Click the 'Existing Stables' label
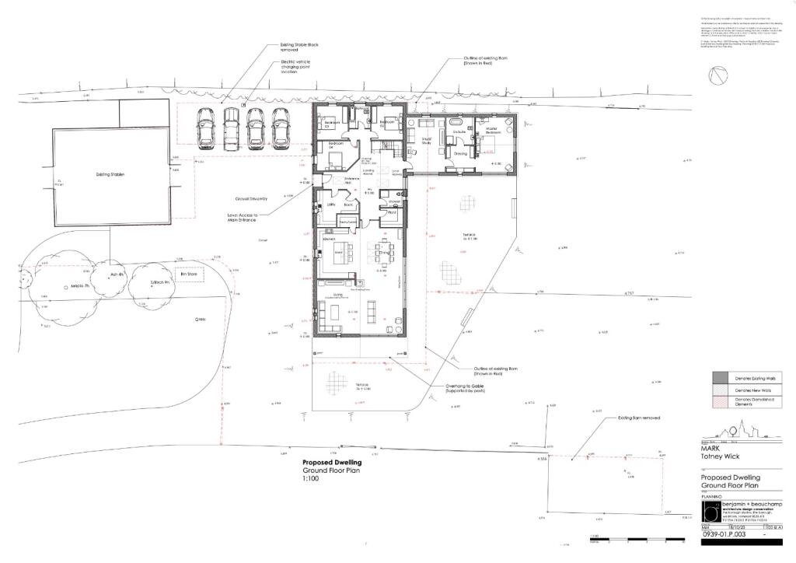(110, 174)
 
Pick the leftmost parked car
(206, 127)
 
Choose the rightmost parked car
(280, 127)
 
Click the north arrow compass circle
(717, 75)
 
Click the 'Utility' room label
(330, 204)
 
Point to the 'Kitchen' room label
(330, 240)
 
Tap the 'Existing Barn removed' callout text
(639, 418)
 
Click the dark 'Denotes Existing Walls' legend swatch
(724, 377)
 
